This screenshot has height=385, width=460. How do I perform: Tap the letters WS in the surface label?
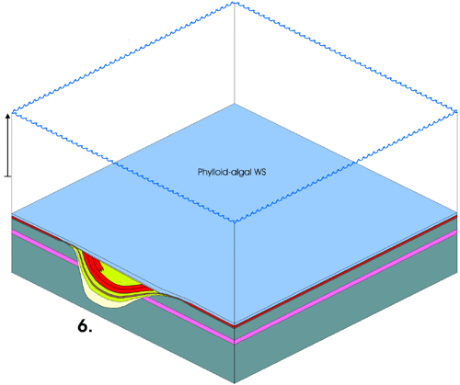tap(260, 172)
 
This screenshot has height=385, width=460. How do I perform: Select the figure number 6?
tap(85, 326)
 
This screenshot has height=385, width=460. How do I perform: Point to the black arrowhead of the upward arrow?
tap(8, 117)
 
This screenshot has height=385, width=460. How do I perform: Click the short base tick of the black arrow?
tap(7, 176)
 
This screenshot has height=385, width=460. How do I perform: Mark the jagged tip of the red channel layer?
tap(102, 269)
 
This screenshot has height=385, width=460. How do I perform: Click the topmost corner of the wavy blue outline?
tap(235, 3)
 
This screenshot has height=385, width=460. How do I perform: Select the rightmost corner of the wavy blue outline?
tap(457, 111)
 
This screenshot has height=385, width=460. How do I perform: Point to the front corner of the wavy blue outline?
tap(235, 221)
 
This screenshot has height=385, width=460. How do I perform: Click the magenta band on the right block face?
tap(346, 287)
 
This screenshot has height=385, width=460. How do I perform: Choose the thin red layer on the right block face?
tap(346, 270)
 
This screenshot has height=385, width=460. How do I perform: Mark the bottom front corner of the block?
tap(235, 383)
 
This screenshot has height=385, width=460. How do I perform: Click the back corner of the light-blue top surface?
tap(235, 104)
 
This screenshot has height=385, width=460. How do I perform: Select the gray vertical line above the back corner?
tap(235, 53)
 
